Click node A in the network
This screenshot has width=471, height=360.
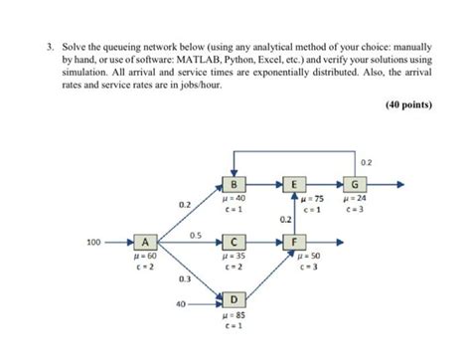tap(146, 241)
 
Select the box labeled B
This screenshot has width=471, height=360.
tap(234, 184)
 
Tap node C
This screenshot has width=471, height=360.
tap(234, 241)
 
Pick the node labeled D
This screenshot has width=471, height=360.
tap(234, 298)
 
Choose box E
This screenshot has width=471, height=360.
tap(295, 184)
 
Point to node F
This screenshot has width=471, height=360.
tap(295, 241)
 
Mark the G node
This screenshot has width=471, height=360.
tap(355, 184)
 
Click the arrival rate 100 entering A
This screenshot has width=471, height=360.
tap(94, 241)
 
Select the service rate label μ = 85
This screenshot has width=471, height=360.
tap(234, 316)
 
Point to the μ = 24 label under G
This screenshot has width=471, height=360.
tap(355, 199)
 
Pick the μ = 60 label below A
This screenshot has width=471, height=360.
tap(146, 257)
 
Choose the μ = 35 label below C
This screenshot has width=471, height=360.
tap(234, 257)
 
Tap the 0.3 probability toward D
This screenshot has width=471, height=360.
tap(185, 280)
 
